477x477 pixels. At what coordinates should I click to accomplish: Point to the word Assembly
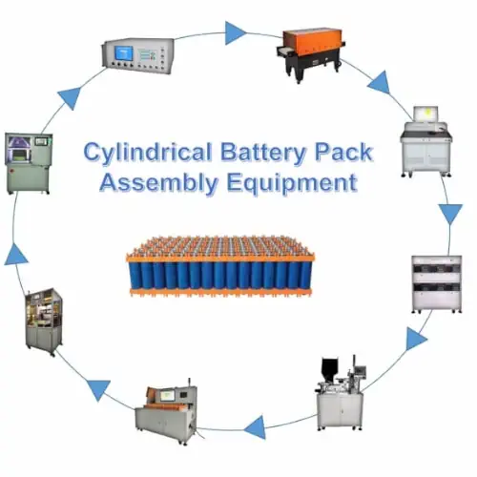pyautogui.click(x=159, y=184)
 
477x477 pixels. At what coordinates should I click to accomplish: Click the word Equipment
pyautogui.click(x=292, y=184)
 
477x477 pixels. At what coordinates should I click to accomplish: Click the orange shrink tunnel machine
pyautogui.click(x=309, y=54)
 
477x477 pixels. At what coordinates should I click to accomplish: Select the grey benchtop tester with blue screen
pyautogui.click(x=138, y=56)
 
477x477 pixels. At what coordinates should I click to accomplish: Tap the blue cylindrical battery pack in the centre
pyautogui.click(x=220, y=266)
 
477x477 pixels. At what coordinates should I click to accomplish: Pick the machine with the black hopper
pyautogui.click(x=341, y=393)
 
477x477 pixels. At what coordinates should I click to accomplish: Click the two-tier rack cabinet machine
pyautogui.click(x=436, y=284)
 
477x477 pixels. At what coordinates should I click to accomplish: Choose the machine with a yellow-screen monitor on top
pyautogui.click(x=426, y=142)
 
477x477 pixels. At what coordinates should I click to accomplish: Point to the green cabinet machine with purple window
pyautogui.click(x=29, y=163)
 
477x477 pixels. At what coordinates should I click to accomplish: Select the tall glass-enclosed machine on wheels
pyautogui.click(x=44, y=321)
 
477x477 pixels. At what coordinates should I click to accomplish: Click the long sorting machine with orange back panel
pyautogui.click(x=166, y=411)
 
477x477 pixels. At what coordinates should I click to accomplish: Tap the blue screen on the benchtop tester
pyautogui.click(x=124, y=53)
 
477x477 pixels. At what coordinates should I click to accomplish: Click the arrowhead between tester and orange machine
pyautogui.click(x=235, y=32)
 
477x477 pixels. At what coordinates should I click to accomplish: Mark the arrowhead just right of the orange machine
pyautogui.click(x=381, y=83)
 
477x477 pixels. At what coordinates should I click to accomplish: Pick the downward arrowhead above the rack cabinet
pyautogui.click(x=450, y=214)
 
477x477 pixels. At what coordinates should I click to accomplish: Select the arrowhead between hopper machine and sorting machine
pyautogui.click(x=256, y=427)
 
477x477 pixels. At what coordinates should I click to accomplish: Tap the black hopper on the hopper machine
pyautogui.click(x=330, y=369)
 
